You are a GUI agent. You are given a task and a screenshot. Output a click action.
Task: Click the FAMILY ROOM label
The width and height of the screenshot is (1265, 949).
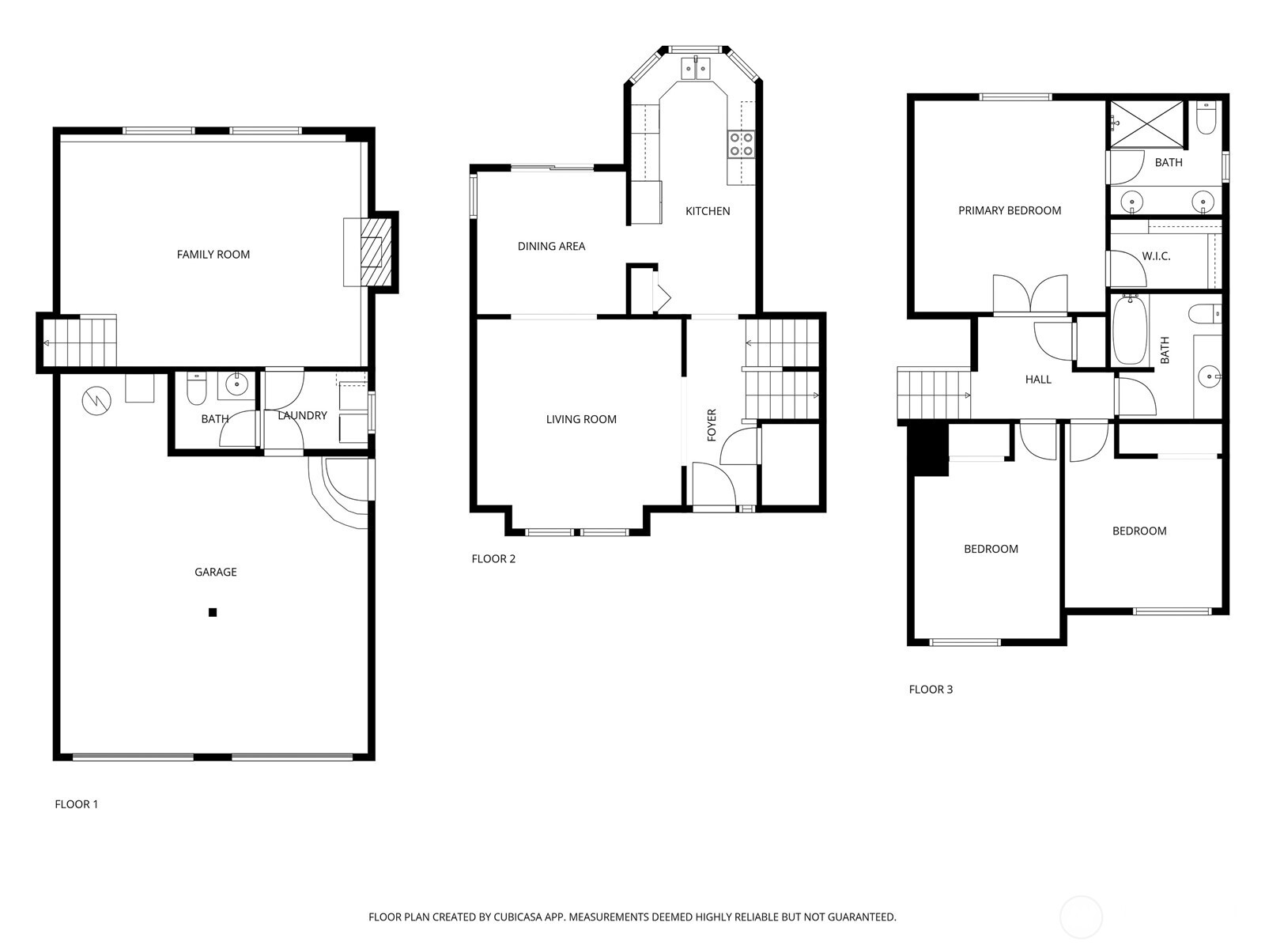(x=213, y=254)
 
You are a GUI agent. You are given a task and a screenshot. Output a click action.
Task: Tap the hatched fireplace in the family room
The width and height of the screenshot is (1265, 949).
(x=371, y=251)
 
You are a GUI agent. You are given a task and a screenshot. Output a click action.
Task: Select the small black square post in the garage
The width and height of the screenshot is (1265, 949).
(x=213, y=612)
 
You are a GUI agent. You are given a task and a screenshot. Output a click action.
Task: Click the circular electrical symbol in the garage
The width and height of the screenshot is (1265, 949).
(x=96, y=400)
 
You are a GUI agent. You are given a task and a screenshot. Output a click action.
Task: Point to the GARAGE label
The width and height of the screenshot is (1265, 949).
(x=216, y=572)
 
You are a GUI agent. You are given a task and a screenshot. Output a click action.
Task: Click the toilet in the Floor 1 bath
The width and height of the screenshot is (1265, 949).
(x=197, y=390)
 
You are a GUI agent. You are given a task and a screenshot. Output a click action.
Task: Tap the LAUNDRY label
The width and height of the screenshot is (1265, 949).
(x=303, y=415)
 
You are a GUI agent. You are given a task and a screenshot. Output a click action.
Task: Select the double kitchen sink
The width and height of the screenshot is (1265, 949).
(x=697, y=68)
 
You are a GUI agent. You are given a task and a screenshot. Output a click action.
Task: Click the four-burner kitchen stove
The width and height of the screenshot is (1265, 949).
(x=741, y=144)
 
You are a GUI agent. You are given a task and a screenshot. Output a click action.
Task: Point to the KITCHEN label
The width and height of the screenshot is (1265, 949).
(x=708, y=211)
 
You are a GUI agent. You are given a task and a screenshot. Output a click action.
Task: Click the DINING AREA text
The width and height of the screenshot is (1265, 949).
(x=552, y=246)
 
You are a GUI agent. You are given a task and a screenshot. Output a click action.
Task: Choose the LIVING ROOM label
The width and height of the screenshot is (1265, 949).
(x=581, y=419)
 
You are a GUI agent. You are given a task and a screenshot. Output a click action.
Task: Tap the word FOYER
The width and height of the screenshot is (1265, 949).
(x=712, y=425)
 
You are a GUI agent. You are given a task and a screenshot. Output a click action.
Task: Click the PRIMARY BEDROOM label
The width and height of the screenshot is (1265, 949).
(x=1010, y=210)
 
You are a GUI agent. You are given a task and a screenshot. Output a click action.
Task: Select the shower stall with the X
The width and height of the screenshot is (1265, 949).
(x=1146, y=124)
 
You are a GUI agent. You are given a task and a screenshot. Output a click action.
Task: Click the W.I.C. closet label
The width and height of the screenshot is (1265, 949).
(x=1156, y=255)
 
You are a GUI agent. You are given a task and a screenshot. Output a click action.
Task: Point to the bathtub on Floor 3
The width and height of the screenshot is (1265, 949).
(x=1130, y=330)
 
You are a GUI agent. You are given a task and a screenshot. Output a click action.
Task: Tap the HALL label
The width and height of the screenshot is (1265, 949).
(x=1038, y=379)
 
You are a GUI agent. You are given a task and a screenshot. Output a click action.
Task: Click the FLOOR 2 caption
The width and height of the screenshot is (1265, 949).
(x=493, y=558)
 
